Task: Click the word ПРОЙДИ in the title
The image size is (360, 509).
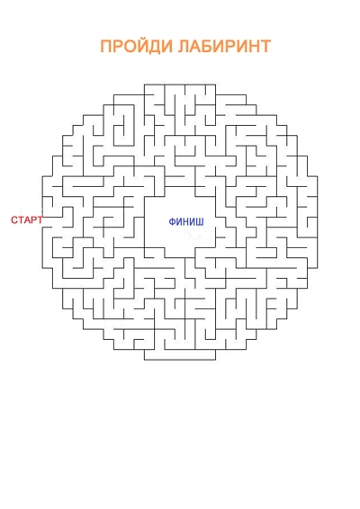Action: click(137, 46)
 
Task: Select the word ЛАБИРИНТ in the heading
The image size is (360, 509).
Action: click(224, 46)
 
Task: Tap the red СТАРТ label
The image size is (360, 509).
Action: click(27, 219)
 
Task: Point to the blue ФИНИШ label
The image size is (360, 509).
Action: click(186, 222)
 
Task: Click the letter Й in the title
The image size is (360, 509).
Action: click(146, 46)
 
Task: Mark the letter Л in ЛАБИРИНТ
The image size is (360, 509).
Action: click(184, 47)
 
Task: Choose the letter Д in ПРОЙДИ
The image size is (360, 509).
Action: click(159, 47)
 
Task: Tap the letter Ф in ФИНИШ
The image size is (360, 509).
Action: click(172, 222)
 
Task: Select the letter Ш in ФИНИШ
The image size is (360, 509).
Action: click(200, 222)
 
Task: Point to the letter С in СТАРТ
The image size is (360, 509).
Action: click(14, 220)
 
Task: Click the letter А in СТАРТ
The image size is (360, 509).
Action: click(27, 220)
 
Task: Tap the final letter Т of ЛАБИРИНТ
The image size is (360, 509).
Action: click(265, 47)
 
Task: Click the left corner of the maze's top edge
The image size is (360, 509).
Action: click(145, 85)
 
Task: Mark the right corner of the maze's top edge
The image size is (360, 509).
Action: click(215, 85)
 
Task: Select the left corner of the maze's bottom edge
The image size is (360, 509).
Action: click(145, 360)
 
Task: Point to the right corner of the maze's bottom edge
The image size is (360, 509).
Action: click(215, 360)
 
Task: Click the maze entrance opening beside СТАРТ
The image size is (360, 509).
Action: click(42, 222)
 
